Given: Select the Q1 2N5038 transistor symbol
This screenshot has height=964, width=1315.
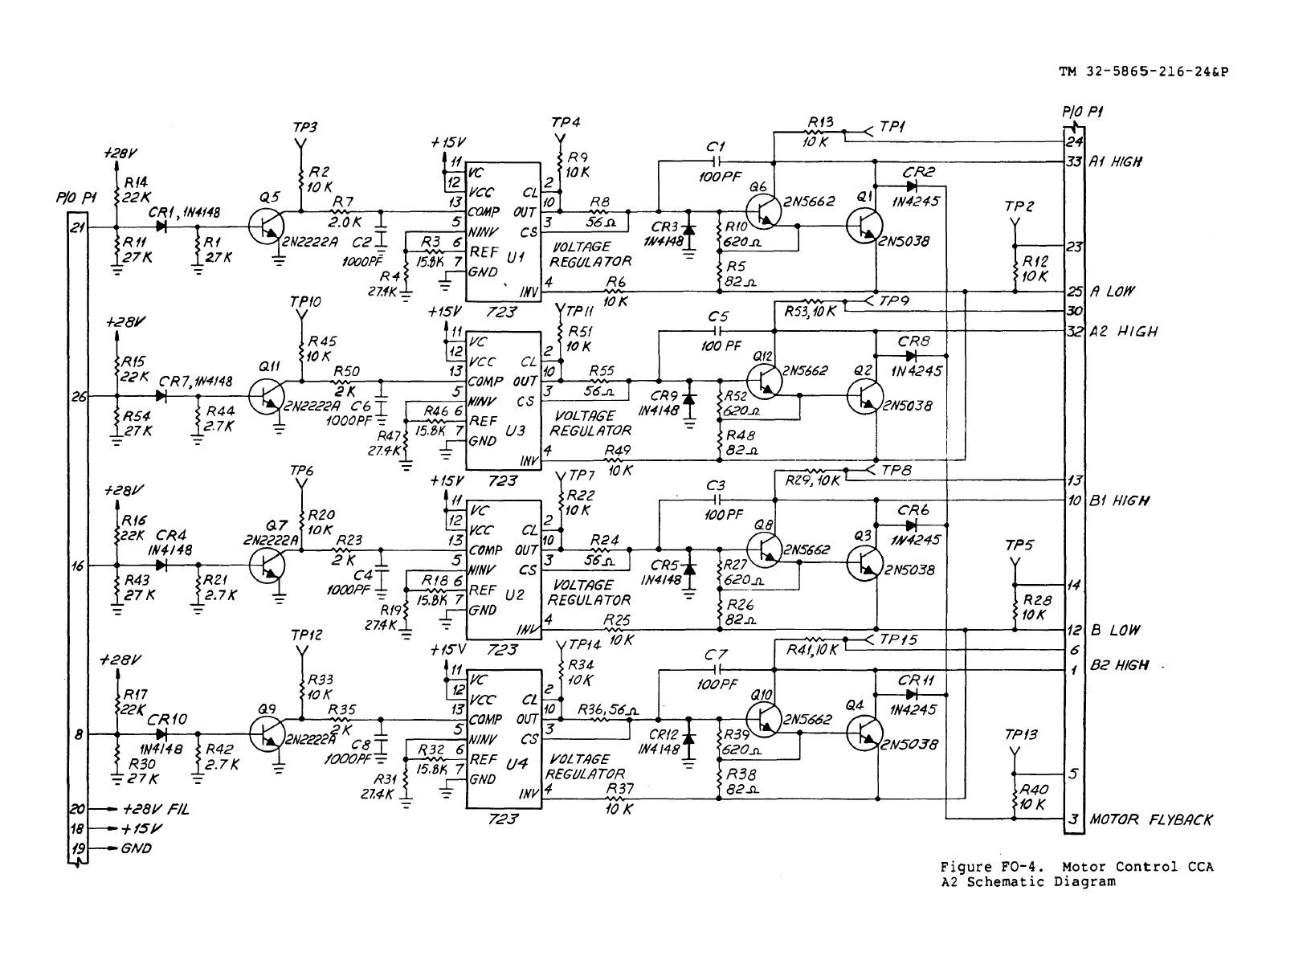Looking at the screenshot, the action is pyautogui.click(x=864, y=226).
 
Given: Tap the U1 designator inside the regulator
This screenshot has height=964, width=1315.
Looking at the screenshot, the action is pyautogui.click(x=516, y=256).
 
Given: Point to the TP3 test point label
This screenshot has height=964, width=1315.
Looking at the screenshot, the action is pyautogui.click(x=304, y=128).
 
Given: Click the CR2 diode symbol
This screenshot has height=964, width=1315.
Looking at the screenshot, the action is pyautogui.click(x=911, y=186).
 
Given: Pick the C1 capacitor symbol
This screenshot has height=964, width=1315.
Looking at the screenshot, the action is pyautogui.click(x=717, y=161).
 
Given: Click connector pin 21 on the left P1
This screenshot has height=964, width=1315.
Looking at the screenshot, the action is pyautogui.click(x=78, y=227).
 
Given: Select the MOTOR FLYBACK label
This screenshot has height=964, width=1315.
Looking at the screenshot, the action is pyautogui.click(x=1150, y=819).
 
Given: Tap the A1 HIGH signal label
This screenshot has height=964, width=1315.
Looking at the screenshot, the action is pyautogui.click(x=1116, y=161).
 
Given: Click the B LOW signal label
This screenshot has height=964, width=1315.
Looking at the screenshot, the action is pyautogui.click(x=1115, y=630).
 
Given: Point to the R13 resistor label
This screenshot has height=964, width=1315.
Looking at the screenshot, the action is pyautogui.click(x=820, y=122).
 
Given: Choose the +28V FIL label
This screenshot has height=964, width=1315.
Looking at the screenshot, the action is pyautogui.click(x=156, y=809).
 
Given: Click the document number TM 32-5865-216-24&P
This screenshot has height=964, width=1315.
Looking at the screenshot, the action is pyautogui.click(x=1144, y=71).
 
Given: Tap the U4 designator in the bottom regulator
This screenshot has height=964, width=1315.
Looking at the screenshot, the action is pyautogui.click(x=517, y=764).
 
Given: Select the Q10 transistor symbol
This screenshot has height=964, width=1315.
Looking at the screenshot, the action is pyautogui.click(x=764, y=720).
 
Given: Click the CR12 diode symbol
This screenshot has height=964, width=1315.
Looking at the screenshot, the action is pyautogui.click(x=688, y=738).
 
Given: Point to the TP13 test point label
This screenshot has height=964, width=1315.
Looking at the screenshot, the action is pyautogui.click(x=1021, y=734).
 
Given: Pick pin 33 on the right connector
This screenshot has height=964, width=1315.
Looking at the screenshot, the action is pyautogui.click(x=1074, y=161).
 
